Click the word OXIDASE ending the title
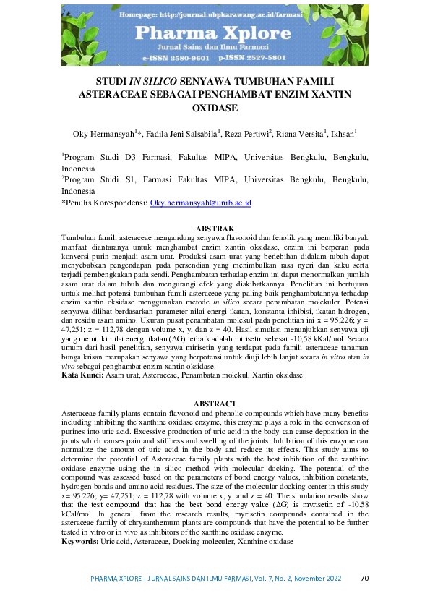(215, 108)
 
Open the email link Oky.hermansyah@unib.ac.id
(200, 204)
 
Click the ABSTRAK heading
(215, 229)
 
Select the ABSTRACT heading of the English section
(215, 404)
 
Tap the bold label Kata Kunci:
(82, 375)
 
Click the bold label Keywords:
(81, 540)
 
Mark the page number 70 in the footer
(364, 578)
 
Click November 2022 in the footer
(321, 579)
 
